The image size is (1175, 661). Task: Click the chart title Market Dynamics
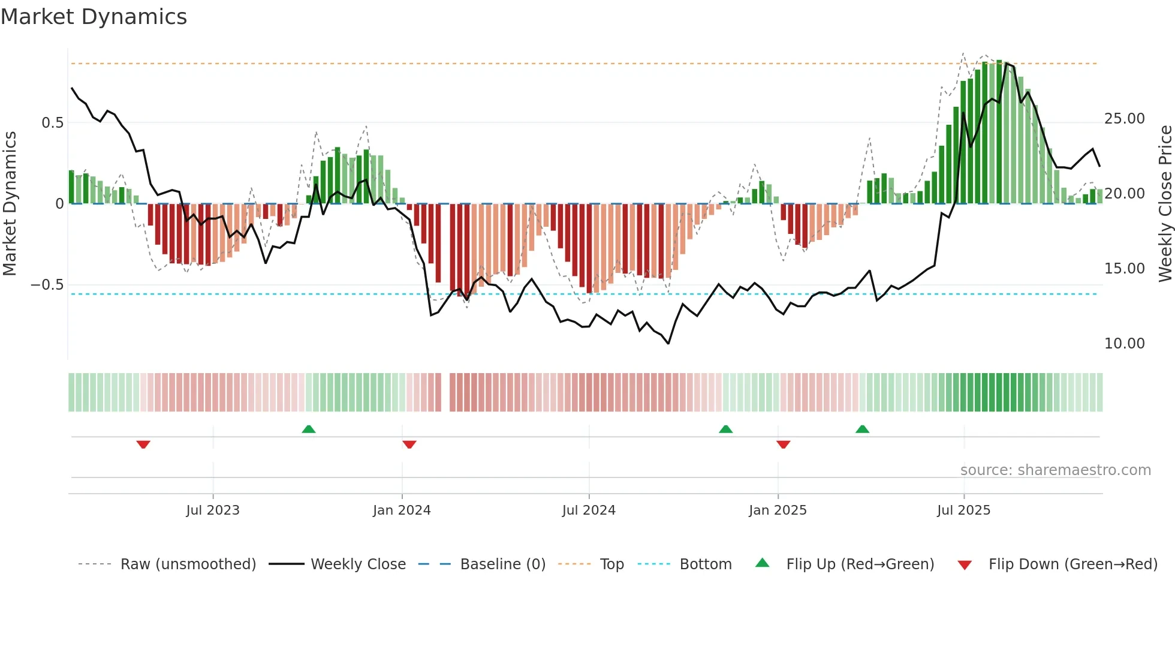(x=94, y=17)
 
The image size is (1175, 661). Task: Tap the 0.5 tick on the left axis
(x=52, y=123)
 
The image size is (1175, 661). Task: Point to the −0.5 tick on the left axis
(x=47, y=285)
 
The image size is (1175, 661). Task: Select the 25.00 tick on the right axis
(x=1124, y=119)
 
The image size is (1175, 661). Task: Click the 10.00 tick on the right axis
(x=1124, y=344)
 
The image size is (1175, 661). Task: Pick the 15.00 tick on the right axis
(x=1124, y=269)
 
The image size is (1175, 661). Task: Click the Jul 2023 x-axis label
(x=213, y=510)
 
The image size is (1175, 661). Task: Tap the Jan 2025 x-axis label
(x=778, y=510)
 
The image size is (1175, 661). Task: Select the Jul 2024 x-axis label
(x=589, y=510)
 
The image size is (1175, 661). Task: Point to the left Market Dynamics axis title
(x=10, y=204)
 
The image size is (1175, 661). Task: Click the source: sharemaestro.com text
(x=1055, y=470)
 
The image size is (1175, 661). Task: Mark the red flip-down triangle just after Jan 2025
(x=783, y=444)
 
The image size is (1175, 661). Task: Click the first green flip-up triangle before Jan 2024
(x=308, y=429)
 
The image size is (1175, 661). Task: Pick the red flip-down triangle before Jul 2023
(x=143, y=444)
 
